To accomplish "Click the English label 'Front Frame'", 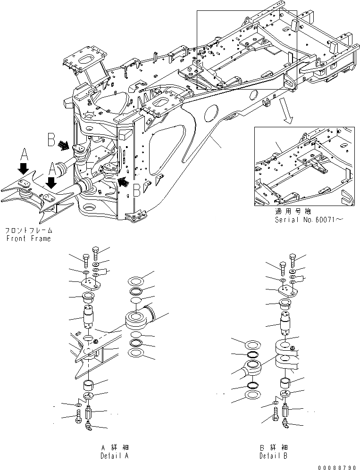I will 28,239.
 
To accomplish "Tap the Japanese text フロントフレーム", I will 28,231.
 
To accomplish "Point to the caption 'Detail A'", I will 114,456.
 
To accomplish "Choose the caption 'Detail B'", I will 273,456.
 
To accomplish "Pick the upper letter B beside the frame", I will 52,140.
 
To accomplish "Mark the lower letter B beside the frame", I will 136,189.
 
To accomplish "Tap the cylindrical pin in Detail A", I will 89,316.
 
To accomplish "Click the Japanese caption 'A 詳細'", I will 114,447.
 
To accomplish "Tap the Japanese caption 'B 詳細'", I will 273,447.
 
